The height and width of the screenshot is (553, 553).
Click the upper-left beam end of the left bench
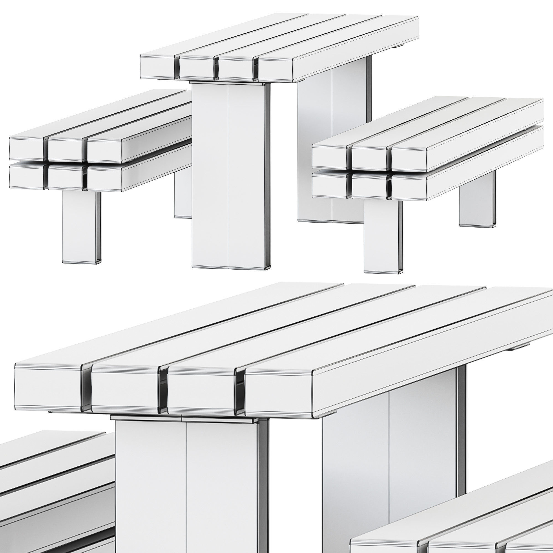pos(26,148)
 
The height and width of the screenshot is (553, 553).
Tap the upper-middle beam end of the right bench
pos(369,157)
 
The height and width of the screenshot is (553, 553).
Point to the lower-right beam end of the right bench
pos(409,187)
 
